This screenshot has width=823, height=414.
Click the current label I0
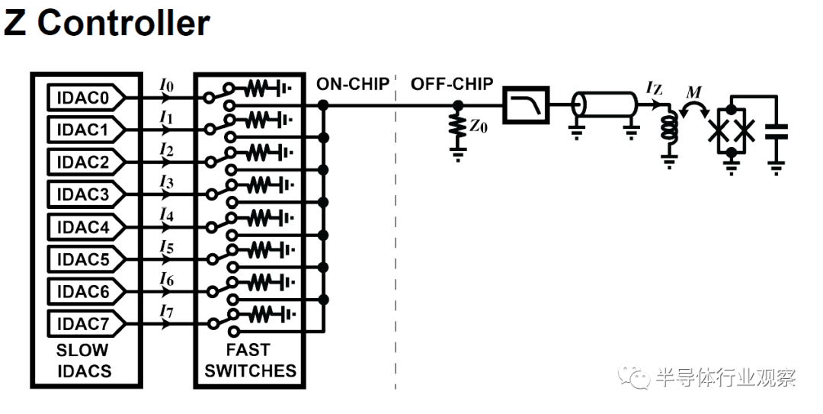[166, 86]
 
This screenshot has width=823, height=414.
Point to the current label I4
[166, 215]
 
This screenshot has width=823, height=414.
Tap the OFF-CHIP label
[452, 84]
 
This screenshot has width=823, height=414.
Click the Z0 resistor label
[478, 127]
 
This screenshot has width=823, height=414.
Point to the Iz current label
[654, 88]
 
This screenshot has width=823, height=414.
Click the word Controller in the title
[123, 23]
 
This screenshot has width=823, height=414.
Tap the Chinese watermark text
[725, 377]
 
